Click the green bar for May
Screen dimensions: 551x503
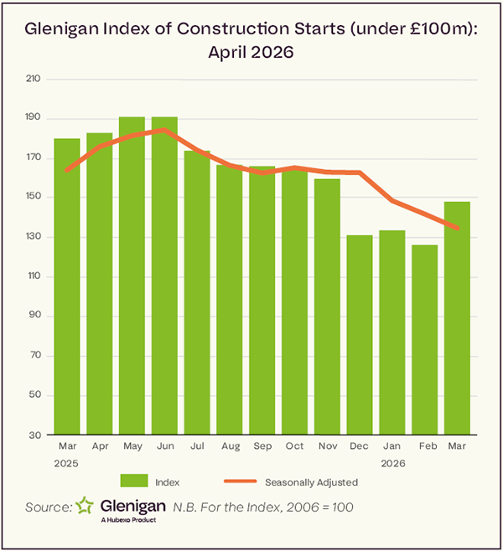pos(132,276)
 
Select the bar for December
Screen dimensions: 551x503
pos(360,335)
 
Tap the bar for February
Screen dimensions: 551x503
pos(425,339)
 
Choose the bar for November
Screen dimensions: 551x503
pos(327,306)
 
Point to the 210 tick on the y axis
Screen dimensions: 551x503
pos(34,79)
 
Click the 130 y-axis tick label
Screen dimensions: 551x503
pos(34,237)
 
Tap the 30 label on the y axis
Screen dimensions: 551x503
pos(34,435)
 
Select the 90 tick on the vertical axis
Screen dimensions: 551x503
pos(34,317)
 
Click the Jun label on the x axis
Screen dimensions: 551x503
pos(164,447)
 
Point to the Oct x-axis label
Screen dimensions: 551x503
pos(294,447)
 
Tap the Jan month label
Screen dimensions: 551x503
pos(392,447)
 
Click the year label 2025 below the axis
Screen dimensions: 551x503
pos(67,461)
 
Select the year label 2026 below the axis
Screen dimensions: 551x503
pos(392,461)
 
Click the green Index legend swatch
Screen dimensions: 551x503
pos(134,481)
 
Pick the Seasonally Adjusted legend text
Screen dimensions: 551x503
pos(311,481)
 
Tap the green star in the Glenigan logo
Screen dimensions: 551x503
pos(84,506)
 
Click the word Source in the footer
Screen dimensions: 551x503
pos(49,507)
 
